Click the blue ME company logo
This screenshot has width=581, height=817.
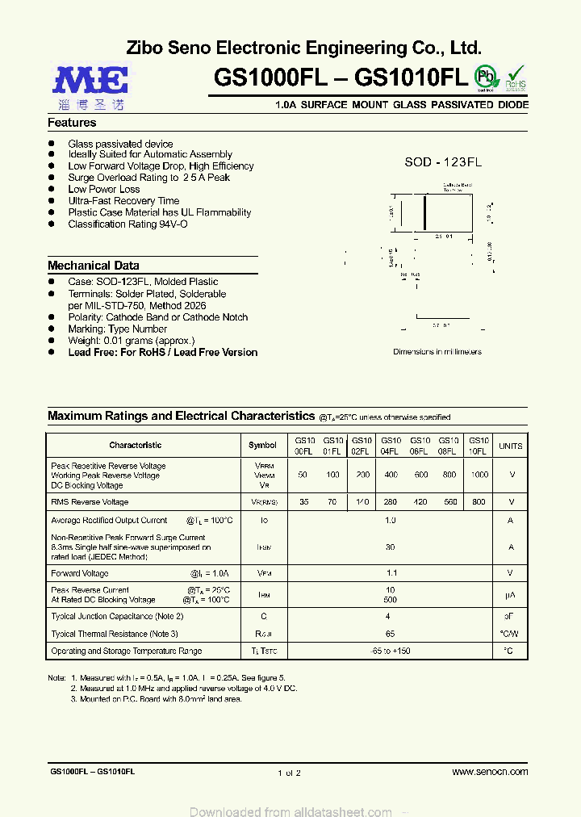[x=90, y=81]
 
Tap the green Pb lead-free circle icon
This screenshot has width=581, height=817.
[x=485, y=77]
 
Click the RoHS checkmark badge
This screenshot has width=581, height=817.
[x=516, y=78]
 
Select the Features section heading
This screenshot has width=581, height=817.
[x=72, y=123]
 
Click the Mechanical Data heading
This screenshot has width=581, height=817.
[x=93, y=266]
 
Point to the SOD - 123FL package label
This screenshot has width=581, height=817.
[x=443, y=162]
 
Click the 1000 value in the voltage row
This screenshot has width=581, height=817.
[x=479, y=476]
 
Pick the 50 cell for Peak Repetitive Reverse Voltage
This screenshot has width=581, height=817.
[x=303, y=476]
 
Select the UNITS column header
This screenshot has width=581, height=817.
[x=510, y=446]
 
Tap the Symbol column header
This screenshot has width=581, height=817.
[x=262, y=446]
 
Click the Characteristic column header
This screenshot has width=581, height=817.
[x=135, y=446]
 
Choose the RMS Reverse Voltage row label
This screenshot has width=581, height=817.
[x=90, y=502]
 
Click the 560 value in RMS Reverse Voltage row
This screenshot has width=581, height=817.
[x=449, y=502]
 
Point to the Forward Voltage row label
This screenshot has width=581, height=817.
[x=79, y=573]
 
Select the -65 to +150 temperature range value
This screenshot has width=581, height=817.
[x=391, y=651]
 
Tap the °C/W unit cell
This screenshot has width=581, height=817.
[x=510, y=635]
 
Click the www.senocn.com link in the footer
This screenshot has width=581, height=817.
[x=490, y=773]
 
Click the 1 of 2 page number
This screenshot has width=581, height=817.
[x=289, y=773]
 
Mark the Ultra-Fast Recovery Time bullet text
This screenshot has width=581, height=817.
[x=123, y=201]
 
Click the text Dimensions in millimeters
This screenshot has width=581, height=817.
[x=437, y=352]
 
